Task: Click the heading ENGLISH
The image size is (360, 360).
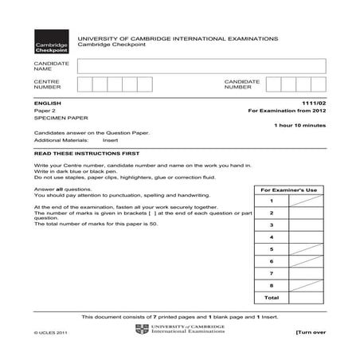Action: coord(46,104)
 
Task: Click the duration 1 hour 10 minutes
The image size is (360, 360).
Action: coord(299,126)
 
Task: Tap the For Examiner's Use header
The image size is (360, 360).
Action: coord(289,190)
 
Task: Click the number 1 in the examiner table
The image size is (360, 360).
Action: coord(272,202)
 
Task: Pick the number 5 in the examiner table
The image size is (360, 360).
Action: coord(272,249)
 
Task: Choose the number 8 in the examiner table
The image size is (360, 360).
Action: coord(272,285)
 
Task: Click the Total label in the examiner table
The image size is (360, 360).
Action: coord(272,297)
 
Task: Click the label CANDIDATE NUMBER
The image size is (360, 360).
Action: coord(242,85)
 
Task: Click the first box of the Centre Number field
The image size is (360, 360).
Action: coord(84,85)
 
